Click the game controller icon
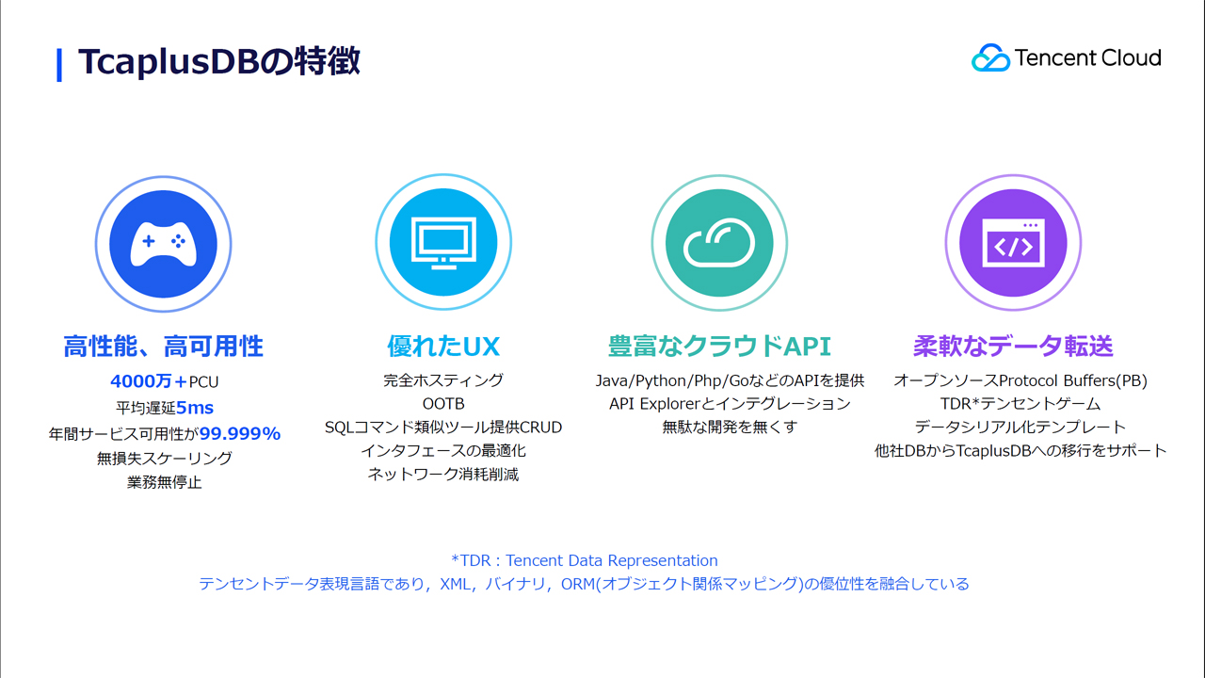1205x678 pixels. point(164,244)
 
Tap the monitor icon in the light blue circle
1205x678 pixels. point(443,243)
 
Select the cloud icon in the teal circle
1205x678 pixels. point(719,243)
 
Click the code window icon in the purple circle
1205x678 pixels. point(1014,243)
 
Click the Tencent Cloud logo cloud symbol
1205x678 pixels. point(990,57)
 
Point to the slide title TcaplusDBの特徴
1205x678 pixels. point(219,61)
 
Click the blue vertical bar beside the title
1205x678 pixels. point(59,65)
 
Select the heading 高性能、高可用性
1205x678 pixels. point(164,346)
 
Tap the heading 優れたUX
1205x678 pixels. point(443,346)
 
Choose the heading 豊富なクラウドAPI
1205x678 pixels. point(719,346)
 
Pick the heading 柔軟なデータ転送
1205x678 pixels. point(1014,346)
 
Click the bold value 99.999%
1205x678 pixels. point(240,433)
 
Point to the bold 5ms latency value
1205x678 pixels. point(195,408)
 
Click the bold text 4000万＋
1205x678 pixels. point(149,381)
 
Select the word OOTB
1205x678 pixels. point(443,404)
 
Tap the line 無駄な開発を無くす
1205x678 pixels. point(730,428)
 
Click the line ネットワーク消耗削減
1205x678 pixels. point(443,475)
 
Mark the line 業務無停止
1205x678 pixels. point(164,482)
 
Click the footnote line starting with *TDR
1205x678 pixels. point(585,560)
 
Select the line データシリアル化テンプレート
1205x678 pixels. point(1020,428)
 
